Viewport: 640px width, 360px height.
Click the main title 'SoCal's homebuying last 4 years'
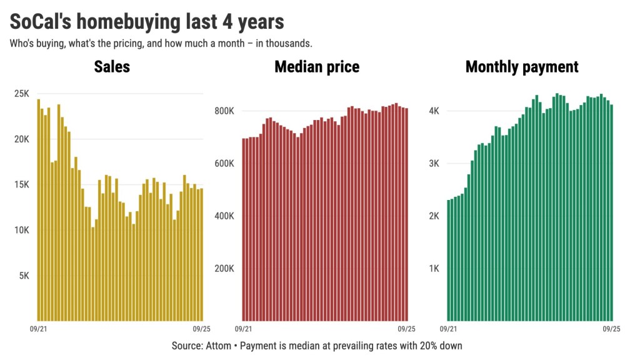pyautogui.click(x=147, y=22)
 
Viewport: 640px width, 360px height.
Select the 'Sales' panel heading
pyautogui.click(x=112, y=67)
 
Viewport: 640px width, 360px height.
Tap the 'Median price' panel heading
pyautogui.click(x=317, y=67)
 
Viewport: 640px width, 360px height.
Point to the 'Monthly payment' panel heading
pyautogui.click(x=522, y=67)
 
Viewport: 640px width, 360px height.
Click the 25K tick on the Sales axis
pyautogui.click(x=22, y=94)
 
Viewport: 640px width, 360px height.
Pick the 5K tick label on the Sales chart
pyautogui.click(x=24, y=276)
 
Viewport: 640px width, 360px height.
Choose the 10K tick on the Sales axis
pyautogui.click(x=22, y=230)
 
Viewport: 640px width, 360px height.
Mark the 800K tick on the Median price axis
pyautogui.click(x=224, y=111)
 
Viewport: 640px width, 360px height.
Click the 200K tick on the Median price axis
pyautogui.click(x=224, y=269)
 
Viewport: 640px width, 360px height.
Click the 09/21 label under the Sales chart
pyautogui.click(x=38, y=328)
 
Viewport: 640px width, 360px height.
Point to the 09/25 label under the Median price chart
pyautogui.click(x=407, y=328)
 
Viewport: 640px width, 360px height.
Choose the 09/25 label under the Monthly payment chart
pyautogui.click(x=611, y=328)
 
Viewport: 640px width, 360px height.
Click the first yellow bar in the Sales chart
pyautogui.click(x=38, y=209)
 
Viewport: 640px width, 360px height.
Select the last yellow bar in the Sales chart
pyautogui.click(x=201, y=254)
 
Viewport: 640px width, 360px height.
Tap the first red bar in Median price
pyautogui.click(x=243, y=229)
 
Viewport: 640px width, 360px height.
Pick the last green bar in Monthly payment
pyautogui.click(x=611, y=212)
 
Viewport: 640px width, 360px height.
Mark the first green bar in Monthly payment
pyautogui.click(x=448, y=259)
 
